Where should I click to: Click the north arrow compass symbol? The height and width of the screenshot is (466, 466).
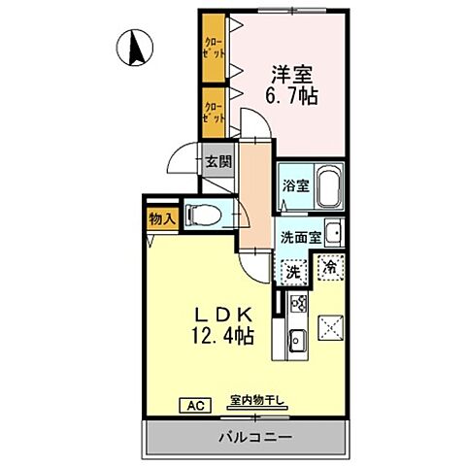[x=136, y=45]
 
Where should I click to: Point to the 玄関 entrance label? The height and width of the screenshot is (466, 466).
[x=218, y=161]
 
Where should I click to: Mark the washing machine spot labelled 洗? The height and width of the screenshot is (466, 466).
[x=292, y=271]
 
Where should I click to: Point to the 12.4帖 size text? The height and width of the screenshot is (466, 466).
[x=221, y=338]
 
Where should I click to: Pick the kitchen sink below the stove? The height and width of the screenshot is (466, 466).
[x=297, y=340]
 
